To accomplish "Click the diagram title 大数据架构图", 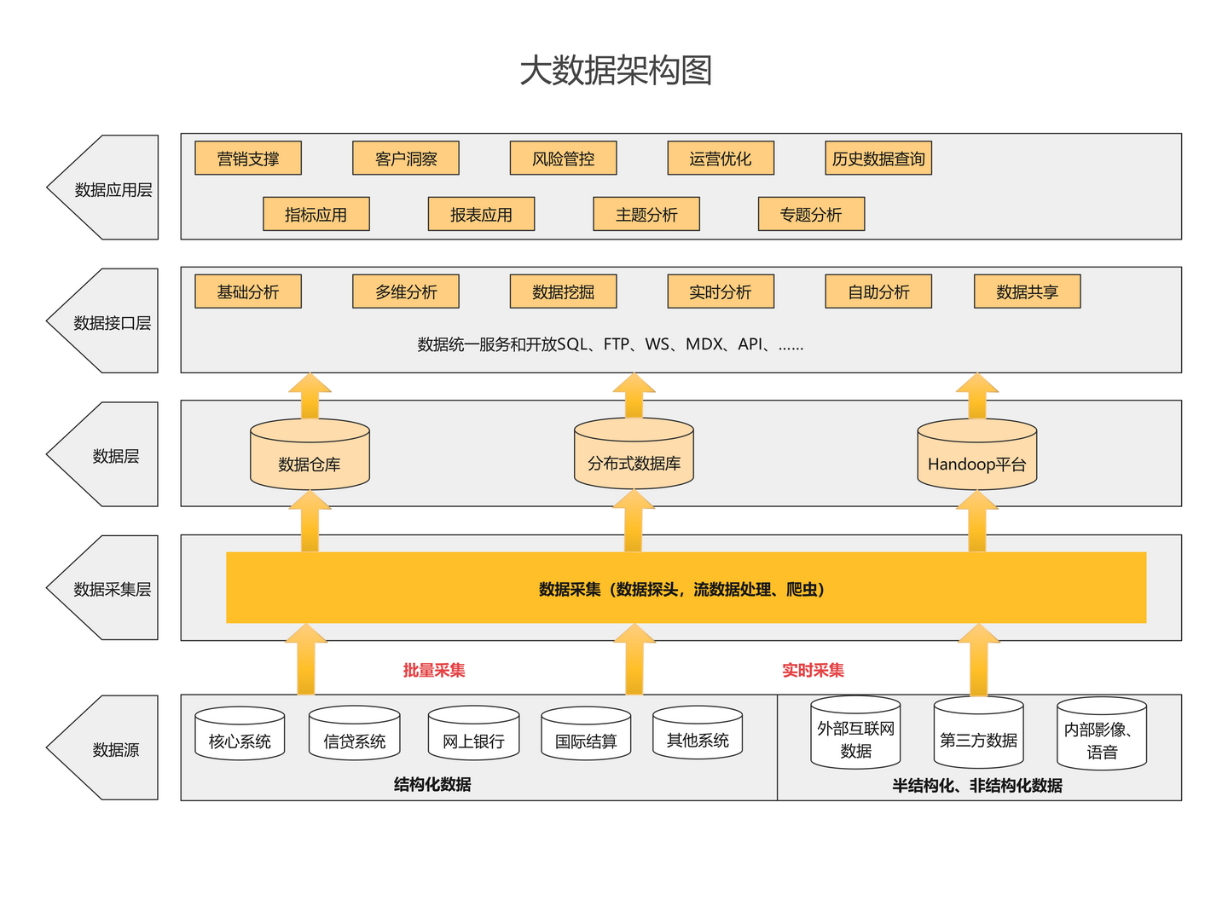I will point(616,70).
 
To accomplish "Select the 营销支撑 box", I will point(248,159).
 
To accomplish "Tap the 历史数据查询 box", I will point(878,159).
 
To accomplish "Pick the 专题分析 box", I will point(811,215).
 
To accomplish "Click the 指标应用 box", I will point(316,215).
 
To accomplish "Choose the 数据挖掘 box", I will point(563,292).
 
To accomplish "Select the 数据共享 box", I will point(1027,292).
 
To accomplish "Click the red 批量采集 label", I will point(434,671).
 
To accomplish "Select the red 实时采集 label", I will point(813,671).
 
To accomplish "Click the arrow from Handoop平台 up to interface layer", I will point(977,395).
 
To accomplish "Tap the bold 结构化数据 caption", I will point(432,784).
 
